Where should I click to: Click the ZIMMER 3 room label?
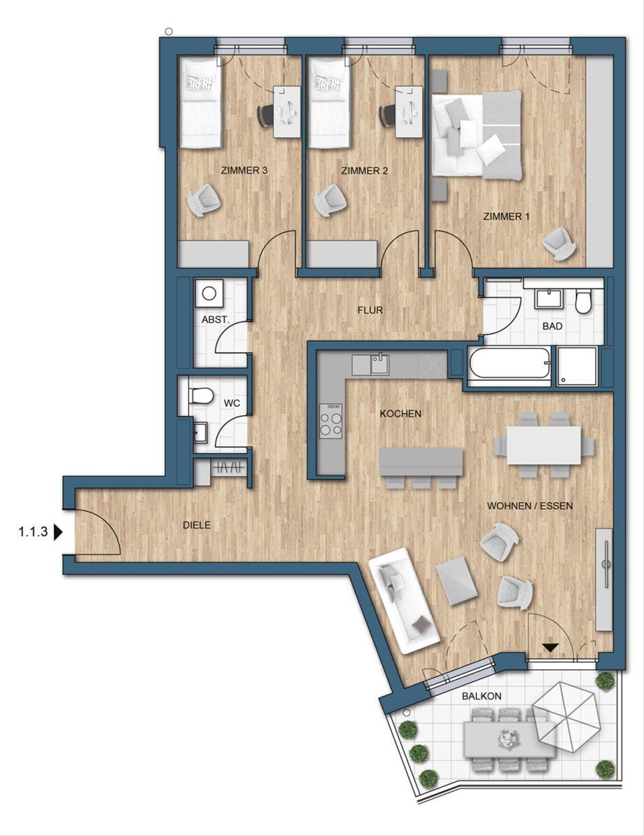click(244, 171)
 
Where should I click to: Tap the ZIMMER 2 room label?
click(364, 171)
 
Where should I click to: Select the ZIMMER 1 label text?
click(506, 217)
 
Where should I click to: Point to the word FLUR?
click(370, 310)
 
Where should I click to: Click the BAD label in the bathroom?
click(552, 326)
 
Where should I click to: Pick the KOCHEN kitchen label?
click(400, 414)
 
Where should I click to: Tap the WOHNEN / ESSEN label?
click(530, 505)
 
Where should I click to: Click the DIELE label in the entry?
click(196, 525)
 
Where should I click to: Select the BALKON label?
click(481, 696)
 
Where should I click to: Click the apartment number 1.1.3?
click(33, 532)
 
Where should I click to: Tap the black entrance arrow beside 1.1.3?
click(58, 532)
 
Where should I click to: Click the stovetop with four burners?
click(331, 420)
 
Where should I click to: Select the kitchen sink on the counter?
click(379, 364)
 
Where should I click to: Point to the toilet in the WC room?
click(200, 396)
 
